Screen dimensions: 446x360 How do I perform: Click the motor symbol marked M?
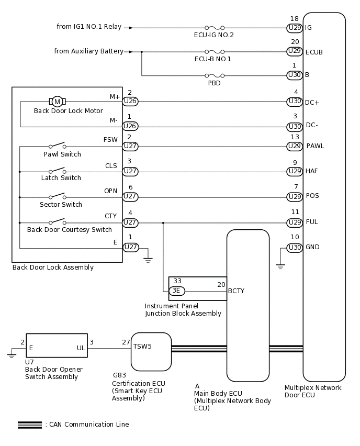point(57,101)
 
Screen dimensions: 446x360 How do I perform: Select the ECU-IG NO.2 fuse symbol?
point(215,28)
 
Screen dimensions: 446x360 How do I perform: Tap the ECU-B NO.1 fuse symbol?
point(215,52)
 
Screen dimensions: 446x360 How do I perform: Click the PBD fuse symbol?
point(215,75)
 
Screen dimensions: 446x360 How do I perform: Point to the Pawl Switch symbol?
point(57,146)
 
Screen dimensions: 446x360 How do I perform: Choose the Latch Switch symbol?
point(57,171)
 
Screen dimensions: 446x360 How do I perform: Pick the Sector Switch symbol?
point(57,197)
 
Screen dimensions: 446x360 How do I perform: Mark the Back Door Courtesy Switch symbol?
point(57,222)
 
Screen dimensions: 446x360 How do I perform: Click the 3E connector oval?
point(177,291)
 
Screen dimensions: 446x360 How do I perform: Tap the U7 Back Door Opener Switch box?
point(57,345)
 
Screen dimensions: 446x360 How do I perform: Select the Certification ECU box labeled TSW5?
point(151,352)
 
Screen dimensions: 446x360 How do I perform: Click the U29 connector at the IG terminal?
point(295,27)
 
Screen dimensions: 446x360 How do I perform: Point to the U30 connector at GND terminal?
point(295,248)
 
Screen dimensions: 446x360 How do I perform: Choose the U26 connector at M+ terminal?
point(130,101)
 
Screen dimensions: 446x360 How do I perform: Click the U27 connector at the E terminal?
point(130,248)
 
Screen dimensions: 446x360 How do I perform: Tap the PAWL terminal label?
point(315,146)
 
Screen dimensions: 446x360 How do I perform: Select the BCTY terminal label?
point(236,291)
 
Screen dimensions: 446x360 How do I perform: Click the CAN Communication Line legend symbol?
point(29,425)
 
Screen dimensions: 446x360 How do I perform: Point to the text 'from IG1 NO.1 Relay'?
point(89,27)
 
